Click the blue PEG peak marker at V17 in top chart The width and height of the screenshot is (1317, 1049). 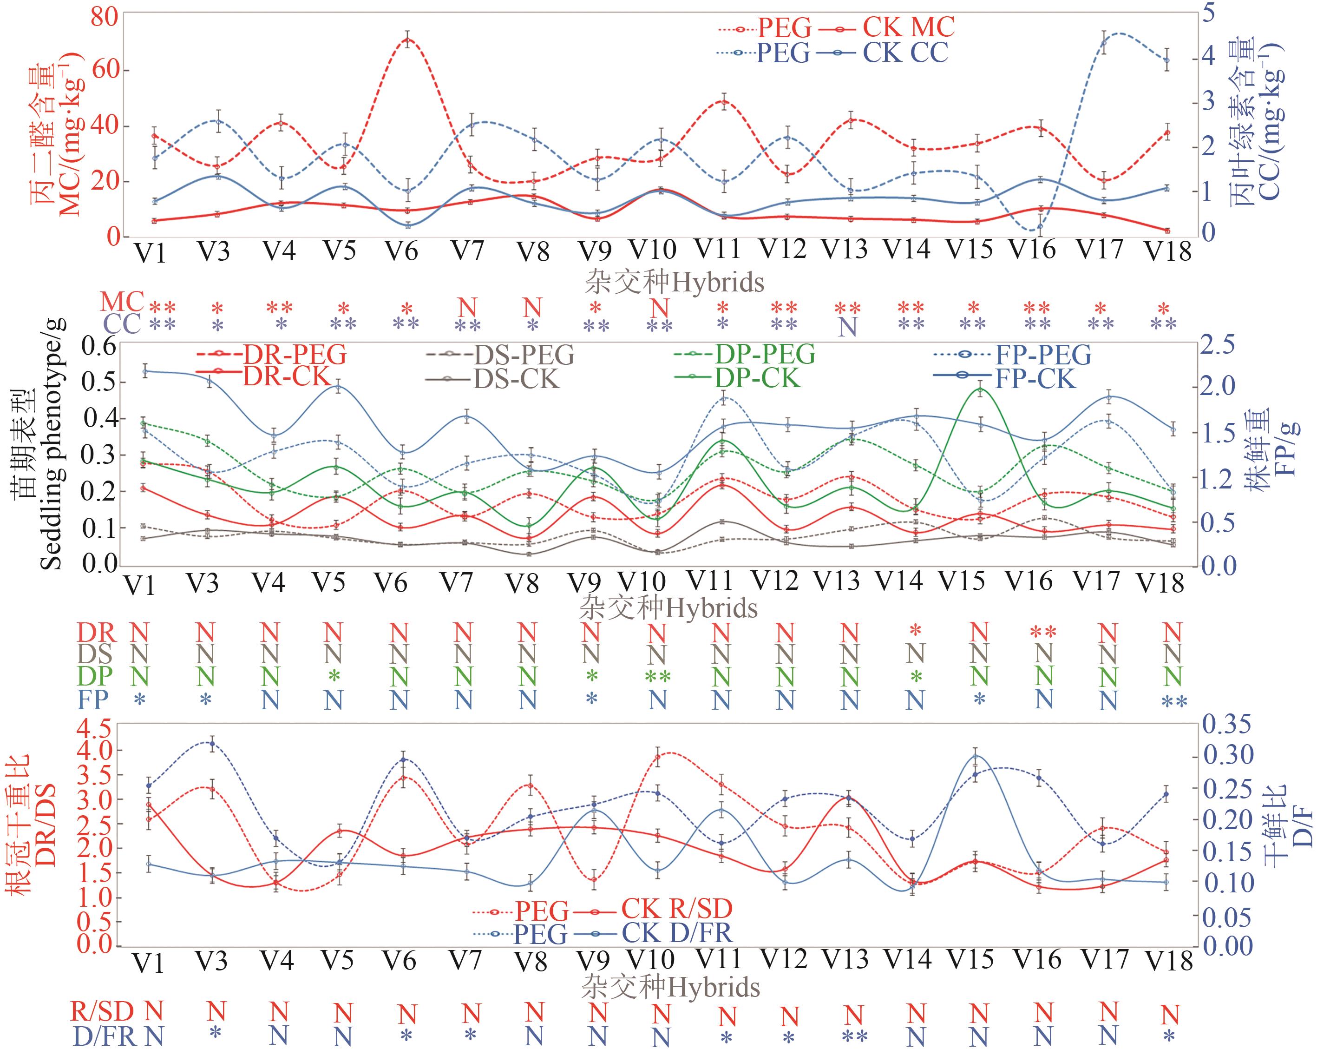1104,43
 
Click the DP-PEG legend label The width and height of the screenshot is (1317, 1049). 765,354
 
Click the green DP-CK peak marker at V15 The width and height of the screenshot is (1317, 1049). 980,389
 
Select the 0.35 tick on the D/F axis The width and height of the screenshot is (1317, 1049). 1226,726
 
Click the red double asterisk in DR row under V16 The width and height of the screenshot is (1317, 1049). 1043,632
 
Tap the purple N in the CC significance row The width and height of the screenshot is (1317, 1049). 847,328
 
